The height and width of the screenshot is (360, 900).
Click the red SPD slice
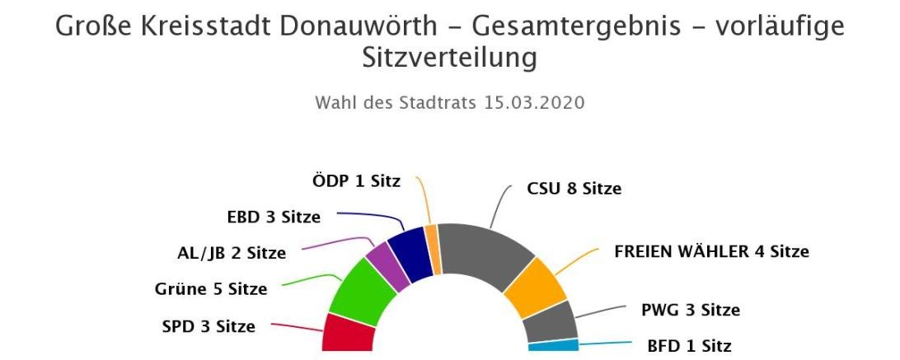click(x=347, y=332)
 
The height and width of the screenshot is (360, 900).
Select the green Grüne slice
click(x=362, y=292)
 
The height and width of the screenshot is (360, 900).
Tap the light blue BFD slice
click(x=553, y=345)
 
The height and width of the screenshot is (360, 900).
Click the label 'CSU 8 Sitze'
click(x=574, y=189)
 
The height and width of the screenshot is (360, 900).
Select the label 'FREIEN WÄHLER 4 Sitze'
click(x=711, y=251)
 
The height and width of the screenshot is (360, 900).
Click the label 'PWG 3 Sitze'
click(x=690, y=311)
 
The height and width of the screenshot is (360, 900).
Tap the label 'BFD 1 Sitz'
click(x=689, y=346)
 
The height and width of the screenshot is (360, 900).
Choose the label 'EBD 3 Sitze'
click(x=273, y=217)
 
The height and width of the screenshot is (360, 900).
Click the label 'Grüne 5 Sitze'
click(x=211, y=289)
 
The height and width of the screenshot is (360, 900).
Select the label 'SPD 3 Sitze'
click(x=209, y=326)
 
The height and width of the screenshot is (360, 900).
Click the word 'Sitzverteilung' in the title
click(x=449, y=58)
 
